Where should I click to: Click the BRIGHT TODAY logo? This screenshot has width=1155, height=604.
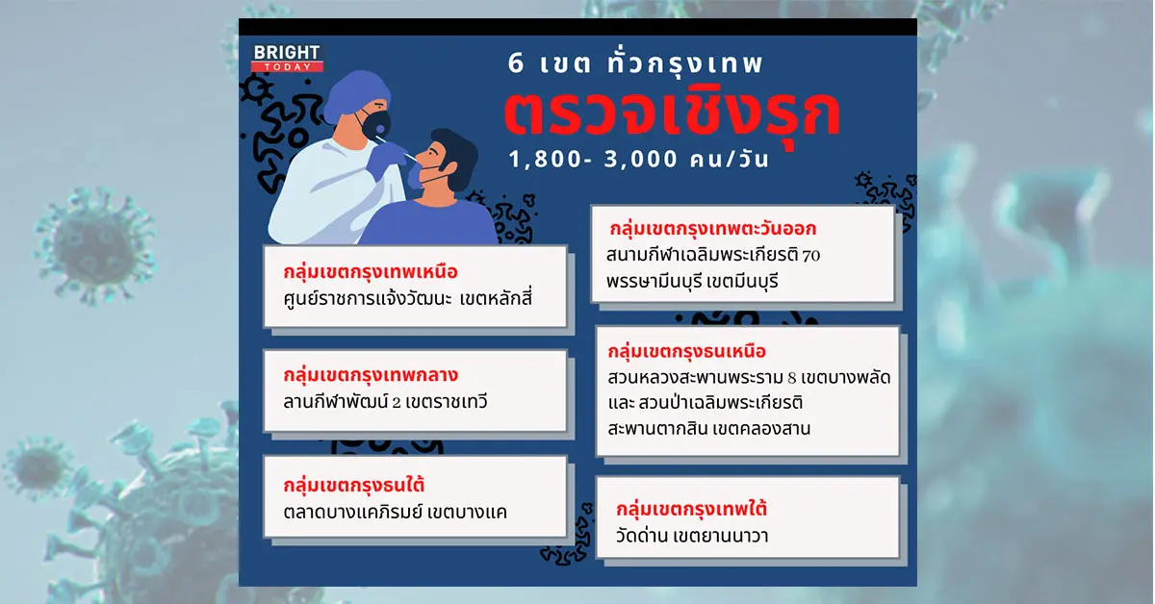pyautogui.click(x=287, y=59)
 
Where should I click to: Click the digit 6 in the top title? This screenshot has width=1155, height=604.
pyautogui.click(x=516, y=63)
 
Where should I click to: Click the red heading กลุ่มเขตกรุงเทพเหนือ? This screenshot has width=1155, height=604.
pyautogui.click(x=371, y=271)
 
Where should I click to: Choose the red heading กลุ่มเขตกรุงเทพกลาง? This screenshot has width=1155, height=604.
pyautogui.click(x=371, y=375)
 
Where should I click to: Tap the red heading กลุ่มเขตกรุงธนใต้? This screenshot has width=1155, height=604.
pyautogui.click(x=354, y=485)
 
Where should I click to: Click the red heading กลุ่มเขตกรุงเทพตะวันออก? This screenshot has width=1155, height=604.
pyautogui.click(x=712, y=228)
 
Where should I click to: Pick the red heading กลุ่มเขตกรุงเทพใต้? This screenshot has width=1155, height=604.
pyautogui.click(x=691, y=509)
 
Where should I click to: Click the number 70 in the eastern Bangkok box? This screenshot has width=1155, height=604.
pyautogui.click(x=811, y=255)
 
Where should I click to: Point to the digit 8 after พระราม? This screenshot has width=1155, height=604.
pyautogui.click(x=792, y=378)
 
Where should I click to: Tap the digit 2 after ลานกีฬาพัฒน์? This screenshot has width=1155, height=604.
pyautogui.click(x=396, y=402)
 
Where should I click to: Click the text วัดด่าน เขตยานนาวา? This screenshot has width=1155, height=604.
pyautogui.click(x=692, y=536)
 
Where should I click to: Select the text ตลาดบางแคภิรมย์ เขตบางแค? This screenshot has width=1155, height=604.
pyautogui.click(x=395, y=512)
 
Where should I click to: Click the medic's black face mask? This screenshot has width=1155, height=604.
pyautogui.click(x=375, y=125)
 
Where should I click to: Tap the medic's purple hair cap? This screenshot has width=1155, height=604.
pyautogui.click(x=356, y=95)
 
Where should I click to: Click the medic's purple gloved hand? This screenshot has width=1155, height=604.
pyautogui.click(x=387, y=156)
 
